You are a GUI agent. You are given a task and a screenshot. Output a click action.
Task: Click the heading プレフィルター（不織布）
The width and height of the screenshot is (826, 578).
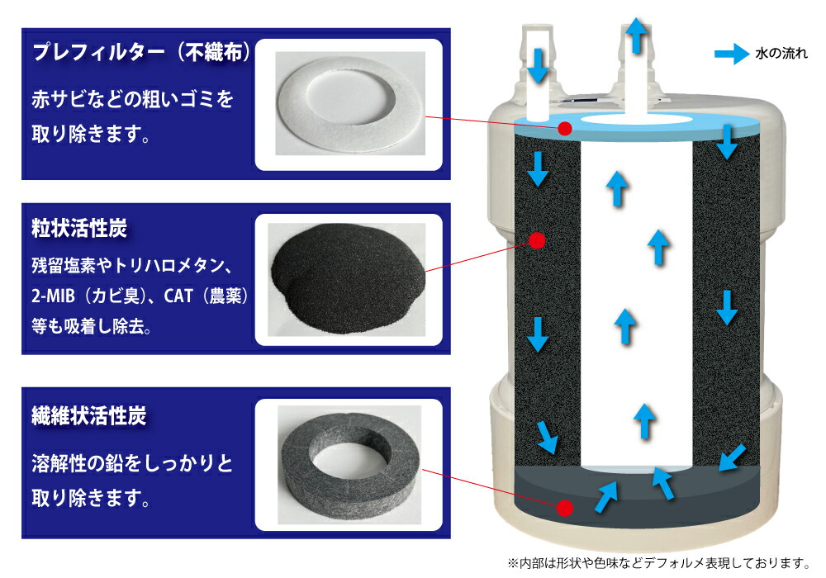click(140, 54)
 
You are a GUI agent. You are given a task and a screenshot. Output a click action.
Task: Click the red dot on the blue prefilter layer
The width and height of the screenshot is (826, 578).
click(565, 129)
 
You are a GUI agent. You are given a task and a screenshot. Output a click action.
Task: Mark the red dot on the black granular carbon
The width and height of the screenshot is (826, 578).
click(535, 240)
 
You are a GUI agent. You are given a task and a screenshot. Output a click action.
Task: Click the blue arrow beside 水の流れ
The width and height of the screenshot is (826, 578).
click(732, 54)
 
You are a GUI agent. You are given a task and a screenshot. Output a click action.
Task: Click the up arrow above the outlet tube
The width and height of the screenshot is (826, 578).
click(634, 36)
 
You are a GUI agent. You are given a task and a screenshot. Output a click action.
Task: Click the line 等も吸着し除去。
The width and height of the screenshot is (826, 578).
click(91, 325)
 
